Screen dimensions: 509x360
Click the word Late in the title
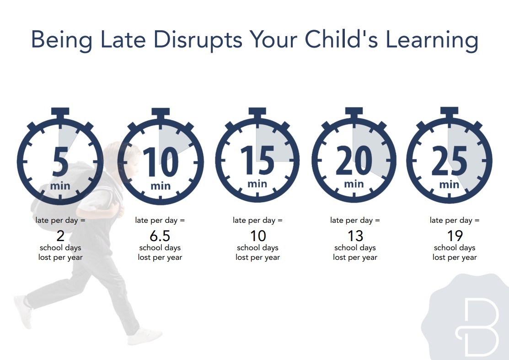(123, 40)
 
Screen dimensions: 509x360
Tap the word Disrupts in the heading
(198, 41)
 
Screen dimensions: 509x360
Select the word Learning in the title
(432, 41)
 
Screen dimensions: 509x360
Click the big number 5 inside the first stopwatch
(60, 161)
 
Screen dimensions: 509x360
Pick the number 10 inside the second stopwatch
(161, 161)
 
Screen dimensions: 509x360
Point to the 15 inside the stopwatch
(257, 159)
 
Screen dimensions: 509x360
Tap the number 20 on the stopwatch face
(354, 160)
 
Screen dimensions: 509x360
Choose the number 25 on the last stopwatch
(449, 161)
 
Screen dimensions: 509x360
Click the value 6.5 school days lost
(160, 236)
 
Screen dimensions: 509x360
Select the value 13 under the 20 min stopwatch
(355, 236)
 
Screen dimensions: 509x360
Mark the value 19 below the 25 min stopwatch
(455, 236)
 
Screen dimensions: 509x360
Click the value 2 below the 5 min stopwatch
(60, 236)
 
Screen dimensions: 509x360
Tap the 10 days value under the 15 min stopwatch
(258, 236)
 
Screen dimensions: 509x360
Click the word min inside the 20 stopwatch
(354, 184)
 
